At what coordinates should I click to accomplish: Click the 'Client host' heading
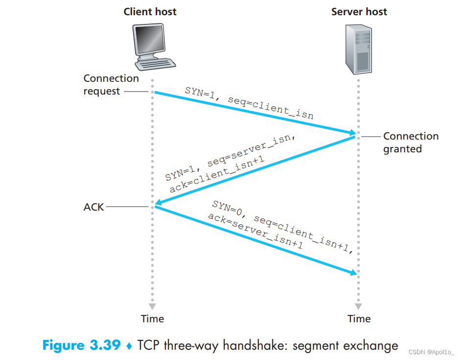coord(150,11)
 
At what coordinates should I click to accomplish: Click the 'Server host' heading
coord(359,11)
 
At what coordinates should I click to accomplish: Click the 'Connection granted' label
coord(411,143)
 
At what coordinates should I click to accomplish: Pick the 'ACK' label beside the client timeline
coord(94,207)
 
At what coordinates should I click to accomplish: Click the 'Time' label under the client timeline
coord(152,319)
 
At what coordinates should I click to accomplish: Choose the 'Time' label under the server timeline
coord(359,319)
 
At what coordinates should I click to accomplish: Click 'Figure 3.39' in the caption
coord(81,346)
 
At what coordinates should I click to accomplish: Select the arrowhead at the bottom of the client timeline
coord(152,306)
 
